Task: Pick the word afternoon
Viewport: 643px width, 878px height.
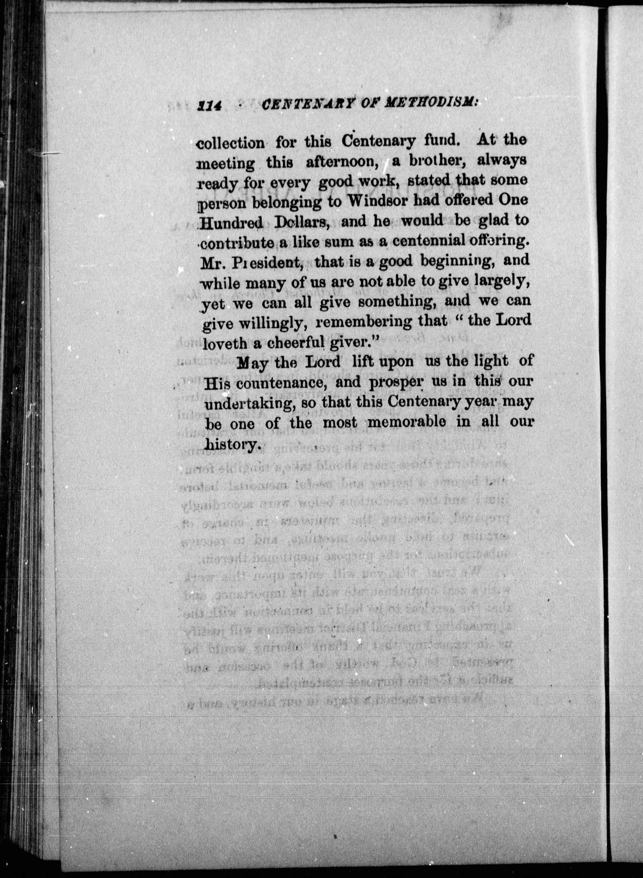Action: point(342,161)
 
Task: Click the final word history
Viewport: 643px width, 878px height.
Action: point(232,444)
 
